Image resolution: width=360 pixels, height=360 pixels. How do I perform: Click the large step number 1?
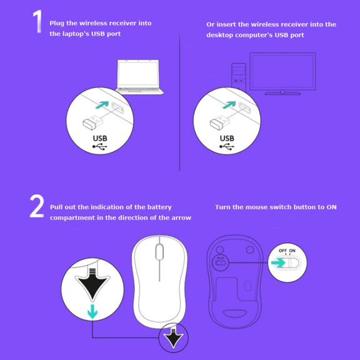click(x=37, y=21)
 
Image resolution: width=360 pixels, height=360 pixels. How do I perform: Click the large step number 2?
click(x=37, y=206)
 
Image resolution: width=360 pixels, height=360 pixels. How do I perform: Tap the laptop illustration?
click(x=139, y=77)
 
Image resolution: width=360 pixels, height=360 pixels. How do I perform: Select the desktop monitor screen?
click(x=282, y=71)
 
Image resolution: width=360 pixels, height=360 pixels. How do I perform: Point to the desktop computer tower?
click(x=239, y=76)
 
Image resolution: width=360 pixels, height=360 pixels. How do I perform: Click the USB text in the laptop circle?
click(x=100, y=139)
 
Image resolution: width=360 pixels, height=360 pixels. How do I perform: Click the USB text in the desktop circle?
click(x=227, y=139)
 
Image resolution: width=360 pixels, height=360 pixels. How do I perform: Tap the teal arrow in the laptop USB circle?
click(x=102, y=105)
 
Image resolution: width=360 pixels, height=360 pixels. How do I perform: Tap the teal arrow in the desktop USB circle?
click(x=229, y=105)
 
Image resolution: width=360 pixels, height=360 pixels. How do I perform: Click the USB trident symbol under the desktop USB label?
click(x=227, y=146)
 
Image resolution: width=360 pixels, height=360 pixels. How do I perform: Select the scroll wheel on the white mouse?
click(x=159, y=252)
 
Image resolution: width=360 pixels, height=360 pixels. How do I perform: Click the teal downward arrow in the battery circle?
click(x=92, y=311)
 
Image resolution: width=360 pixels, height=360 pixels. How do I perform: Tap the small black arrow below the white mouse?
click(x=173, y=338)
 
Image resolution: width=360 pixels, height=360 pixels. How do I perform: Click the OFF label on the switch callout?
click(x=282, y=251)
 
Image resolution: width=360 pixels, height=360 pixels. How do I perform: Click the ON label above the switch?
click(x=292, y=251)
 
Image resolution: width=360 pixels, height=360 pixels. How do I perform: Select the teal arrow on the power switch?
click(x=278, y=262)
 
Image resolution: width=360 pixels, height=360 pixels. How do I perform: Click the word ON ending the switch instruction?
click(x=331, y=207)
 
